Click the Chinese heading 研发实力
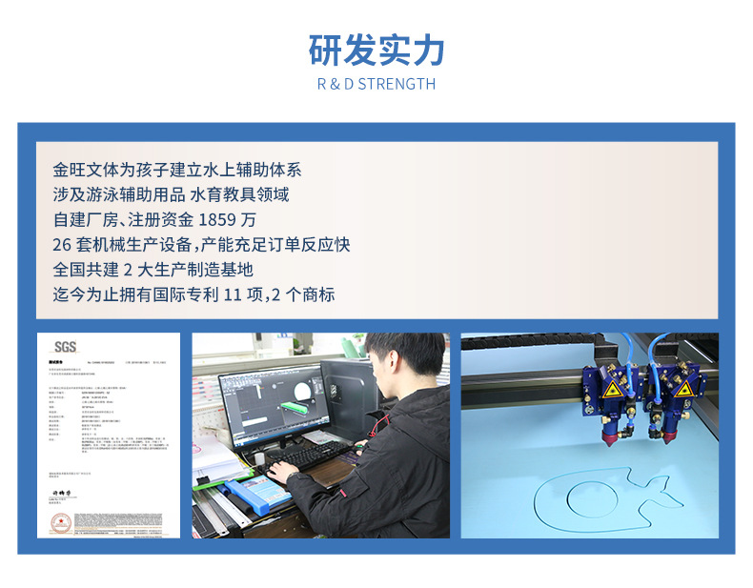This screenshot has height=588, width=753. click(x=376, y=50)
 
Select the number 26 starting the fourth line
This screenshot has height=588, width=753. click(x=63, y=245)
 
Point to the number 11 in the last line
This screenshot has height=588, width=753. click(x=233, y=294)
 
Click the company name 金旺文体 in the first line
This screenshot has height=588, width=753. click(x=87, y=171)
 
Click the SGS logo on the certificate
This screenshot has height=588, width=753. click(x=65, y=347)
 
